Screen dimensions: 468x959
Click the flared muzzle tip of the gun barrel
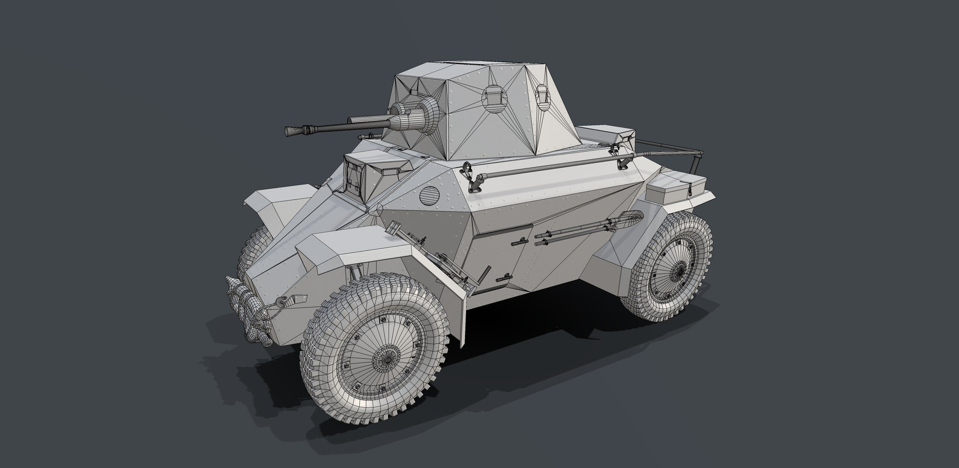290,131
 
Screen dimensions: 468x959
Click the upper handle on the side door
519,241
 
